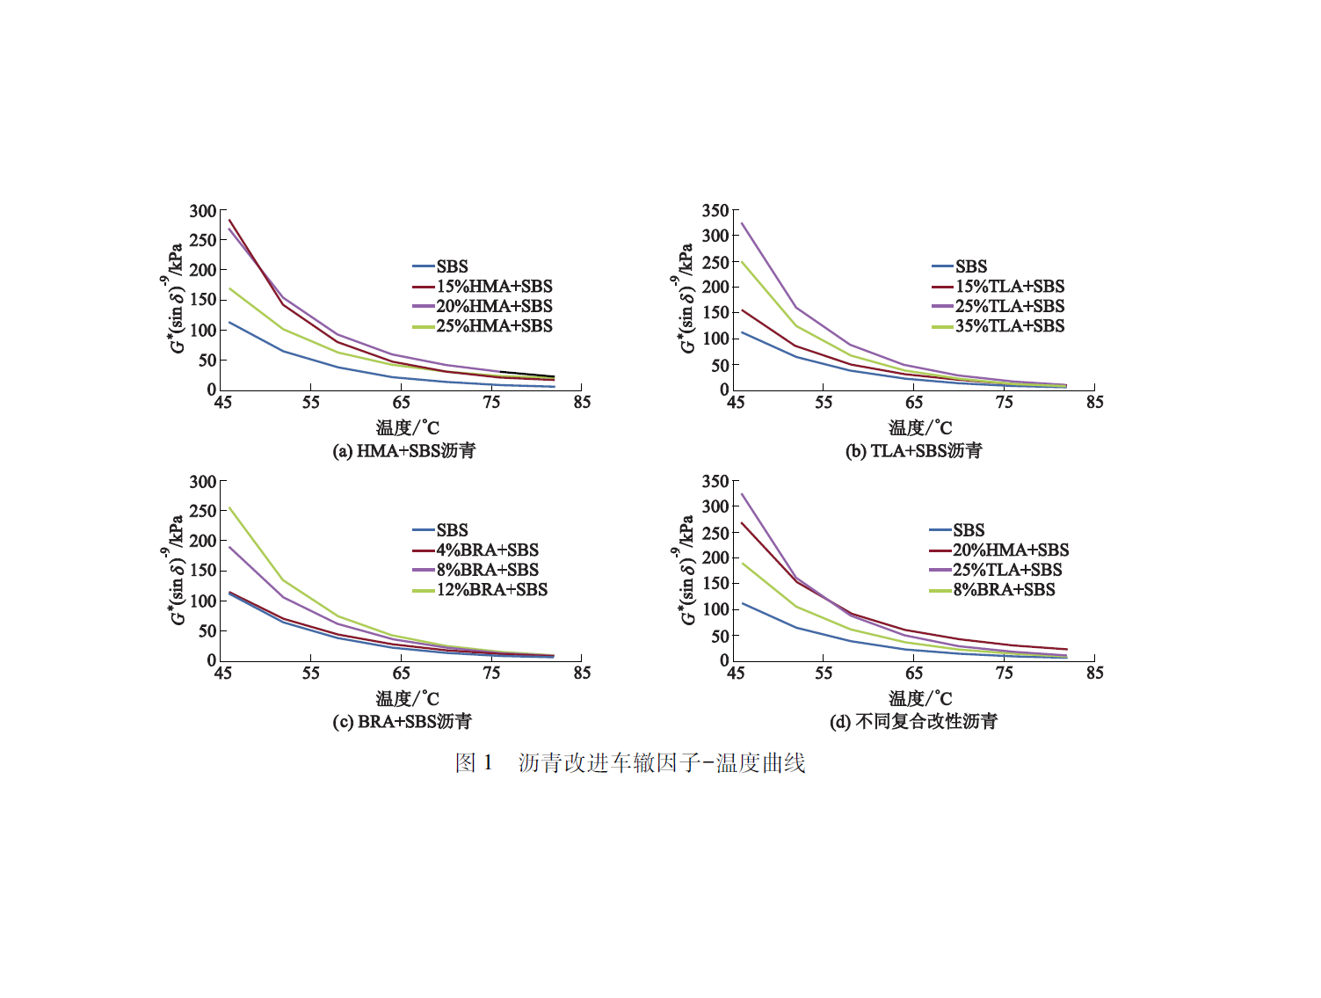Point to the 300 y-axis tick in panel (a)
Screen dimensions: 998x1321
pyautogui.click(x=203, y=211)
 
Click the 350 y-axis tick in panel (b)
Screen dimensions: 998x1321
pyautogui.click(x=715, y=211)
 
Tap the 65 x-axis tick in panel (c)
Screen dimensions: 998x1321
pyautogui.click(x=402, y=674)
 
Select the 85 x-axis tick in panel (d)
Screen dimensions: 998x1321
pyautogui.click(x=1094, y=674)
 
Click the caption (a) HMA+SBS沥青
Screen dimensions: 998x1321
pyautogui.click(x=404, y=451)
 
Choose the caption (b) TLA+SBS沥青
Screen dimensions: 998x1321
pyautogui.click(x=914, y=451)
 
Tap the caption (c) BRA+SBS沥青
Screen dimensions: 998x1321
pyautogui.click(x=403, y=722)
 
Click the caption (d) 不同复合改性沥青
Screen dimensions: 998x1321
pyautogui.click(x=914, y=722)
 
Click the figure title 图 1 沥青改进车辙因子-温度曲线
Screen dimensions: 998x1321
pyautogui.click(x=630, y=763)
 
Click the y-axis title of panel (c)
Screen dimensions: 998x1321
pyautogui.click(x=175, y=570)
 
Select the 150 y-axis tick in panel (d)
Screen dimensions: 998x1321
pyautogui.click(x=715, y=583)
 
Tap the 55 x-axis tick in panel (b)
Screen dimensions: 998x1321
pyautogui.click(x=824, y=403)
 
